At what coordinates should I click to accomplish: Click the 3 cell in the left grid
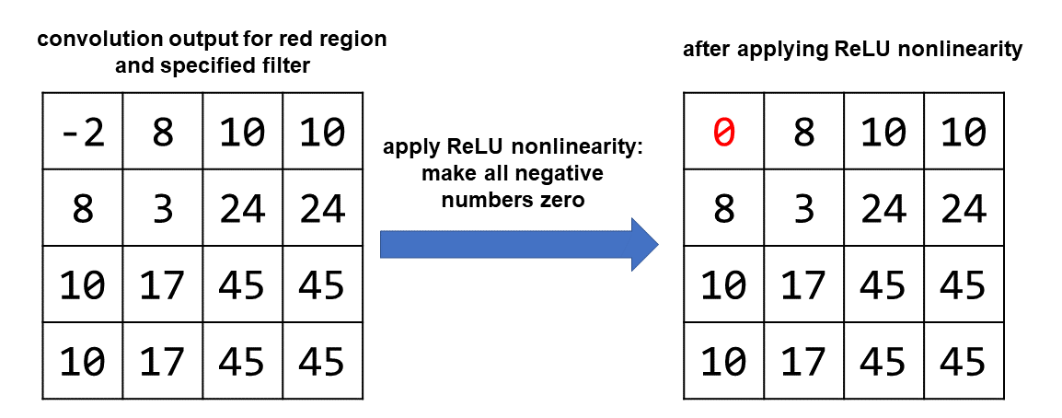tap(162, 209)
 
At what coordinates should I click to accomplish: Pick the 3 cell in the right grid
tap(803, 209)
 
